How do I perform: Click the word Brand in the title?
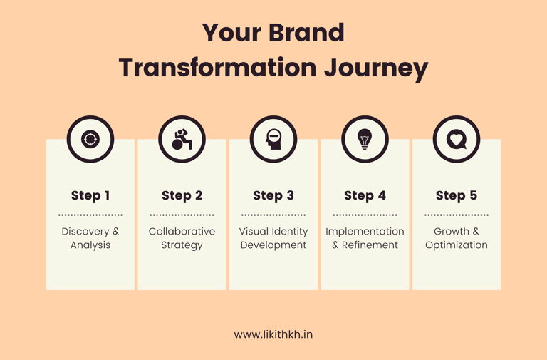tap(306, 33)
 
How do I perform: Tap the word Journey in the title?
tap(376, 68)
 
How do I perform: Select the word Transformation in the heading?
tap(218, 67)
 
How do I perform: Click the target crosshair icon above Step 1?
tap(90, 139)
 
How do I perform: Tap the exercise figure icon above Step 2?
tap(182, 139)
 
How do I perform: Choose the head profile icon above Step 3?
tap(273, 139)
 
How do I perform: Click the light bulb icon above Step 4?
tap(365, 139)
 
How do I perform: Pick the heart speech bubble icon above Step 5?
tap(457, 139)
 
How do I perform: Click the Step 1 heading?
tap(90, 196)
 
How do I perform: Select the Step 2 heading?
tap(182, 196)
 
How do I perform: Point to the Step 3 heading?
tap(273, 196)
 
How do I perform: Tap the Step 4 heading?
tap(365, 196)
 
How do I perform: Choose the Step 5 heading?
tap(457, 196)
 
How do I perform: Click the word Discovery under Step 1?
tap(85, 232)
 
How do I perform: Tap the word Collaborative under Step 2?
tap(182, 231)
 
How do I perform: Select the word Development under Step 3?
tap(273, 245)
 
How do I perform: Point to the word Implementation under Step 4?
tap(365, 232)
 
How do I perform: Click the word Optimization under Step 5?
tap(457, 245)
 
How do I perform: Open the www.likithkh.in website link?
tap(273, 334)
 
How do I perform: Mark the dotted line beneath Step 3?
tap(273, 215)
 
